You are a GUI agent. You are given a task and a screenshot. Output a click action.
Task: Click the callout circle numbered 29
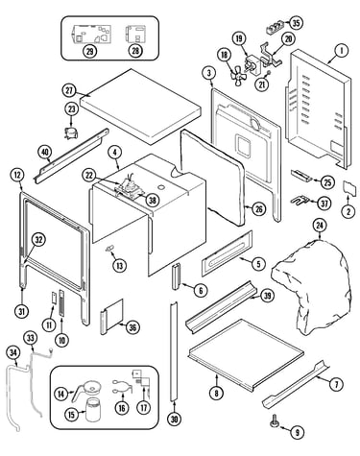(x=90, y=51)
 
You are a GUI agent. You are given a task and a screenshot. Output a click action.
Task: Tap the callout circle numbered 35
(x=296, y=23)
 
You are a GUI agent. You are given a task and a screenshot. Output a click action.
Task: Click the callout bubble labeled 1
(x=342, y=50)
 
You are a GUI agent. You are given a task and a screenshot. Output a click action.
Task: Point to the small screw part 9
(x=275, y=420)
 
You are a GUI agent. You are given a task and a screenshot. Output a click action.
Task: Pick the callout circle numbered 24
(x=320, y=226)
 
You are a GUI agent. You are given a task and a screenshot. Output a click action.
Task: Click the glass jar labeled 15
(x=95, y=410)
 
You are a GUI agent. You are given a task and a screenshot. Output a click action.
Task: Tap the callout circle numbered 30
(x=175, y=419)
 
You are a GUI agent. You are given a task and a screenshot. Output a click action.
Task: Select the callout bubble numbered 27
(x=69, y=90)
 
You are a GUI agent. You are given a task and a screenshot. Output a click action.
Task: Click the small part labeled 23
(x=71, y=132)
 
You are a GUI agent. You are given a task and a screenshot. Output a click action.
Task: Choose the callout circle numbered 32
(x=38, y=240)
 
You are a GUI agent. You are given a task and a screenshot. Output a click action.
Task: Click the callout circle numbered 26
(x=258, y=209)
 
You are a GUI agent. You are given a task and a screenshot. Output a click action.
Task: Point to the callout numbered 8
(x=217, y=393)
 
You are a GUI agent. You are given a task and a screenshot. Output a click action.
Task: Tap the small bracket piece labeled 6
(x=177, y=276)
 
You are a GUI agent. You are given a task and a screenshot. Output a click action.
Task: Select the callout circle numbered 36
(x=132, y=327)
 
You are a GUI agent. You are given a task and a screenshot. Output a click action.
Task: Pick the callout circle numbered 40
(x=45, y=153)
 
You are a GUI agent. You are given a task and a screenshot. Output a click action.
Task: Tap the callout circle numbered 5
(x=258, y=263)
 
